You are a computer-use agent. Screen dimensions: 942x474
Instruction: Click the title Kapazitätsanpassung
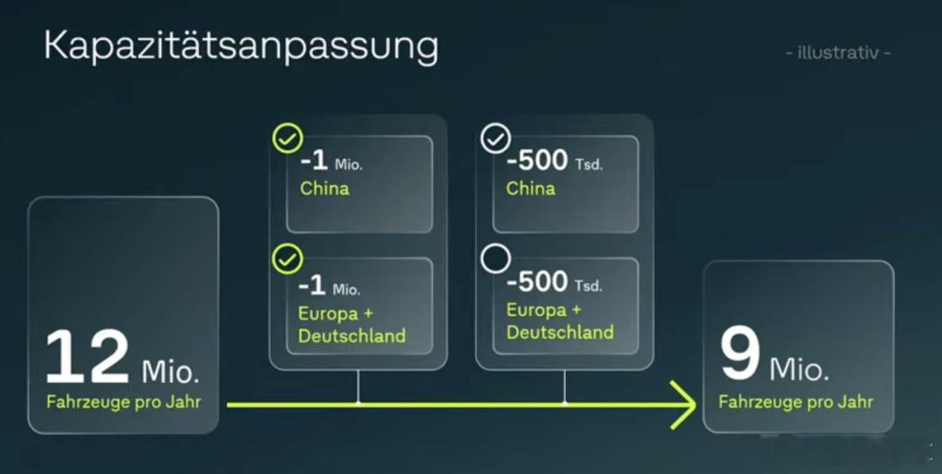241,46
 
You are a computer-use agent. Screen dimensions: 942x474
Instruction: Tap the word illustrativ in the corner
838,53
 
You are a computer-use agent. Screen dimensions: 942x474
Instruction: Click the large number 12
88,357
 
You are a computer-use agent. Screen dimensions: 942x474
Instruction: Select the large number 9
741,354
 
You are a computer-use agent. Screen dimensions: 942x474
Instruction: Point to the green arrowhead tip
695,405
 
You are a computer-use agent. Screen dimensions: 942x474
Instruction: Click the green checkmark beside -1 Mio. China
288,138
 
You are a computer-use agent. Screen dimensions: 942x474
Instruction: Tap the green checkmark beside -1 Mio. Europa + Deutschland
288,259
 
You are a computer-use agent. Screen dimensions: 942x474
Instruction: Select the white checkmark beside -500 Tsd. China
495,139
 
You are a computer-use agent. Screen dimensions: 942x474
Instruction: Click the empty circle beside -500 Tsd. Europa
495,258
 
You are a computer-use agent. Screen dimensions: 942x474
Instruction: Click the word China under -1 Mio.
324,189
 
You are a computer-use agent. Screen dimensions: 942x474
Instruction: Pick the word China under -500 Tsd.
530,189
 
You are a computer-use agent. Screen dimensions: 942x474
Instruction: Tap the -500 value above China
536,160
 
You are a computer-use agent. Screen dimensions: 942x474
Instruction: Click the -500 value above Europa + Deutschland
536,281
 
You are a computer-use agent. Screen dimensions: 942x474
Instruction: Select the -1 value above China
314,160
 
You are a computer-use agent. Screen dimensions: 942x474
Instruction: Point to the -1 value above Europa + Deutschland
311,285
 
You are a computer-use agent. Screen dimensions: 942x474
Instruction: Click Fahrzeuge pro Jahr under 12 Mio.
124,402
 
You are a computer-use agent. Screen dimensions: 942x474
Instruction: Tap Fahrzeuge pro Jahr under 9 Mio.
796,402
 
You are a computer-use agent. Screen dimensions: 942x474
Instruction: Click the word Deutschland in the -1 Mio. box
352,336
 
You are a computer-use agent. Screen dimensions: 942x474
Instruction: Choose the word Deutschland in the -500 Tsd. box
560,332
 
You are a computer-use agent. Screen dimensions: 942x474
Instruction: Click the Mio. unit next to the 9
799,368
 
